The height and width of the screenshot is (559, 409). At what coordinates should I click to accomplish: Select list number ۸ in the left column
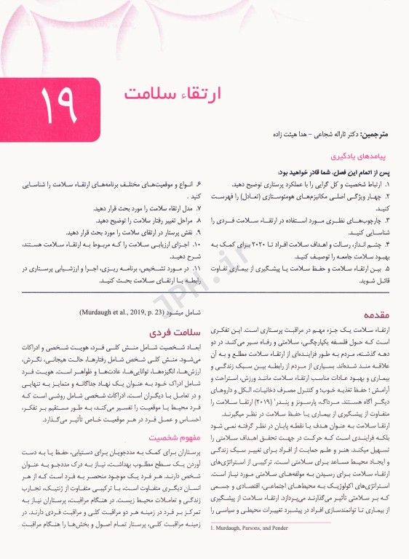coord(199,220)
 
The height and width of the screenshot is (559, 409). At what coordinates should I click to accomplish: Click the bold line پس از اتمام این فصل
coord(335,172)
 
